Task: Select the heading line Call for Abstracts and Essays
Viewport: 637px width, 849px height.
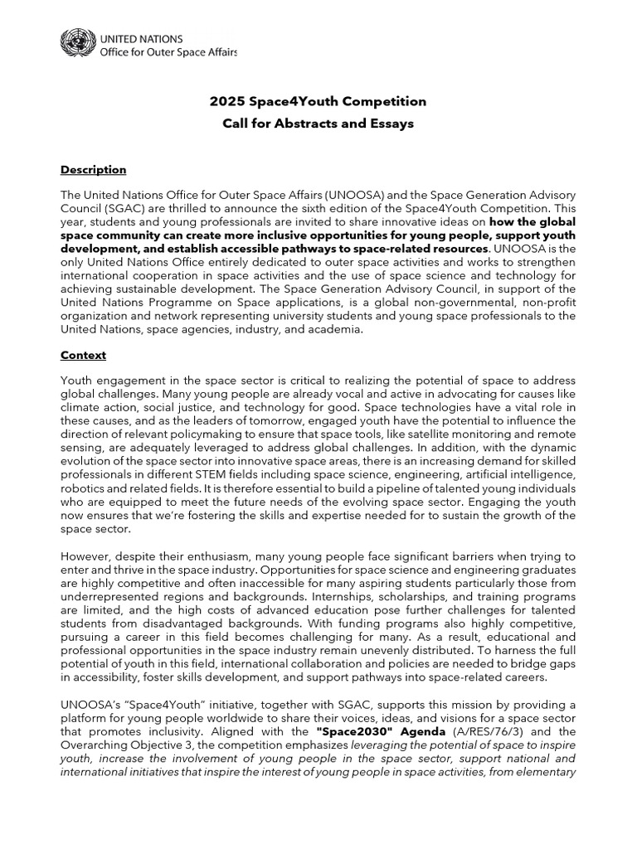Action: tap(318, 124)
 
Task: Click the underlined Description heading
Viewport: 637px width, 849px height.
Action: tap(93, 170)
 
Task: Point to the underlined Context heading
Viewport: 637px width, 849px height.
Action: tap(83, 355)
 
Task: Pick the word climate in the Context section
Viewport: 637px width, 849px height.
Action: tap(80, 409)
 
